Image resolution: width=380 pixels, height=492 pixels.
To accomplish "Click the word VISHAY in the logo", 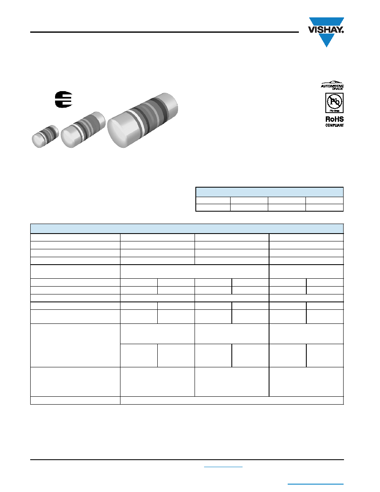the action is [x=326, y=30].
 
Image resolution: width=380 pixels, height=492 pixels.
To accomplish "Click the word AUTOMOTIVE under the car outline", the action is [x=332, y=86].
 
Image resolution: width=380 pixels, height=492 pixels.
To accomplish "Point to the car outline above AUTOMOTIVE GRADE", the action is [x=332, y=82].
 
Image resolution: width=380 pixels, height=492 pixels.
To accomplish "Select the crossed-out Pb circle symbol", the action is [x=334, y=101].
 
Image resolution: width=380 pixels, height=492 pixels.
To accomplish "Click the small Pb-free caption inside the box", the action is [x=334, y=111].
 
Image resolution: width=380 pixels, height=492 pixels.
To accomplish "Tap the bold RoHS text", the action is [x=334, y=119].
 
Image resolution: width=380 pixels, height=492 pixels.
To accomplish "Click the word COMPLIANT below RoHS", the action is [x=334, y=125].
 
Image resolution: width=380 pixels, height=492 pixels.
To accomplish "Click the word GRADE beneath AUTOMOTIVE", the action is [x=338, y=89].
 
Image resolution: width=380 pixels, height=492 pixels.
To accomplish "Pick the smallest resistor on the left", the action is [x=45, y=136].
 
